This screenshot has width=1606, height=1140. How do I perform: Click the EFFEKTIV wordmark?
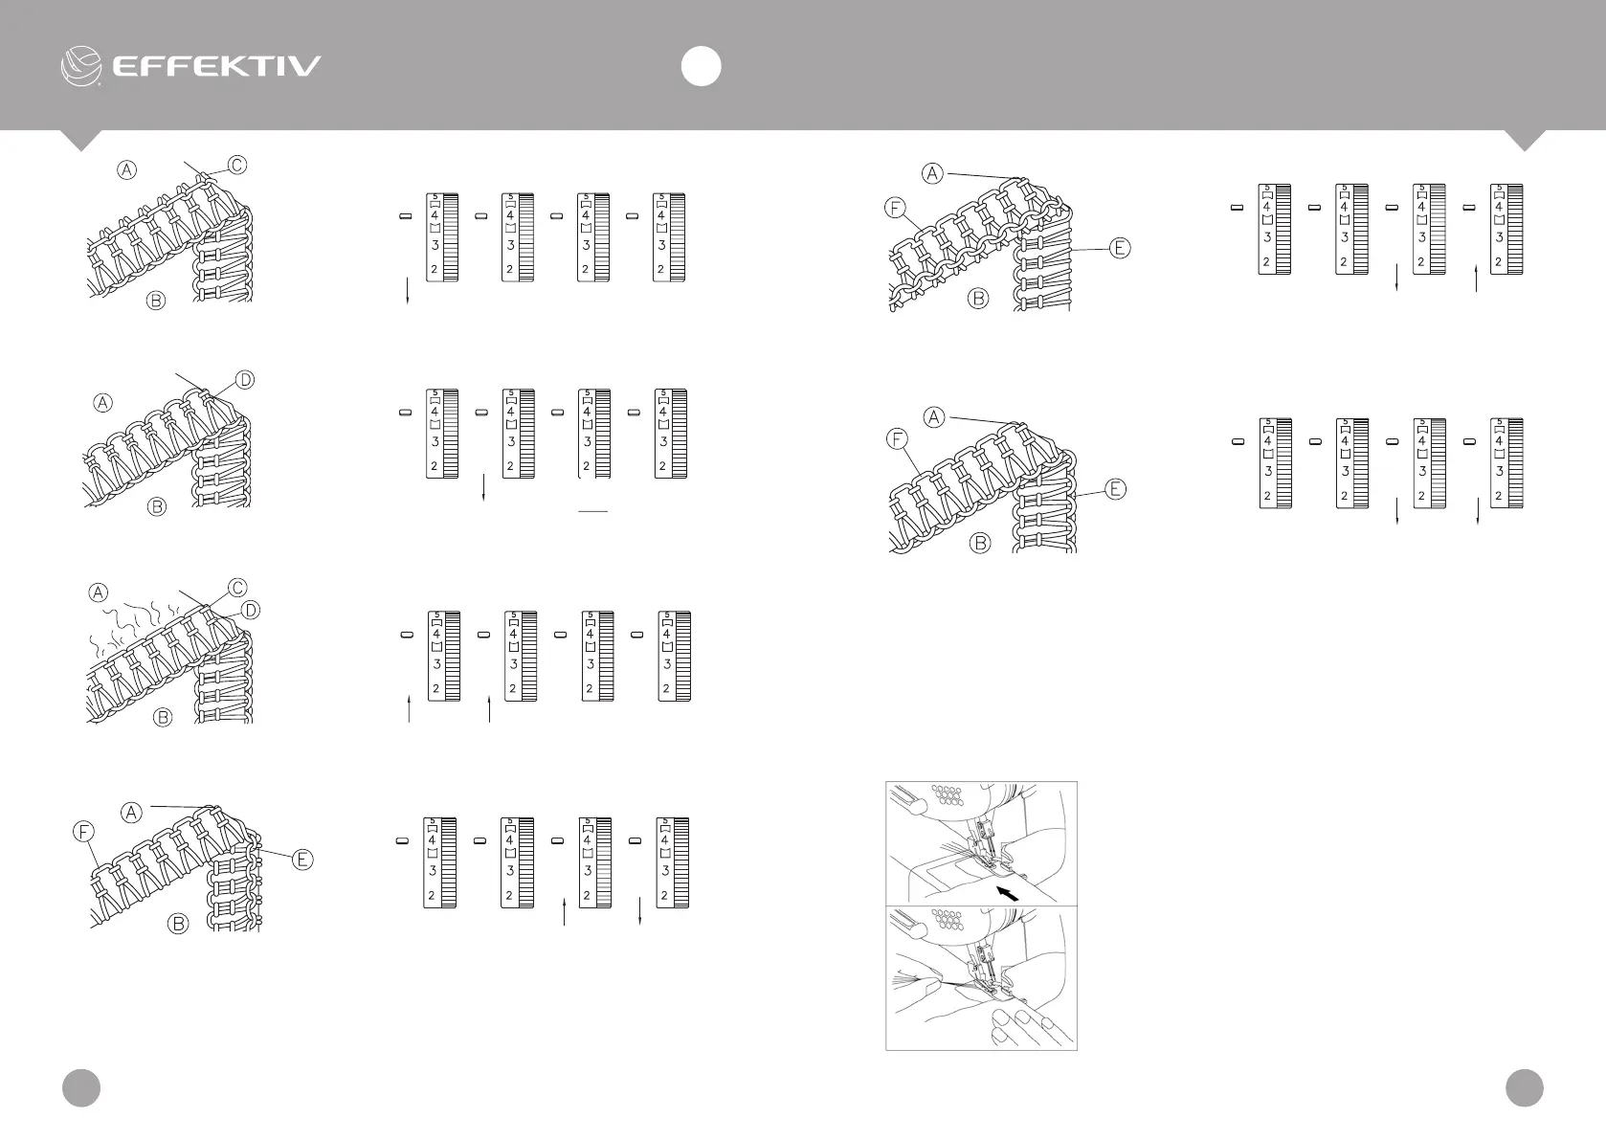pos(216,66)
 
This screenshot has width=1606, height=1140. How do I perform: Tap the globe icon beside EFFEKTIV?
pos(81,66)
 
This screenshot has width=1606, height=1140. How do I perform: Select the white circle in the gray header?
pos(701,66)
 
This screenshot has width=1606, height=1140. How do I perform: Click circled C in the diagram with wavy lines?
pos(236,587)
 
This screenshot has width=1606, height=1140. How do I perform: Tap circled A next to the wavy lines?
pos(99,592)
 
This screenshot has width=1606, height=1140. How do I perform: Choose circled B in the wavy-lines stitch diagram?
pos(163,716)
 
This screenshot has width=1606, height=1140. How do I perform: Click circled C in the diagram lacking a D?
pos(236,165)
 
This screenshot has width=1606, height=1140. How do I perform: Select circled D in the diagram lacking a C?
pos(244,380)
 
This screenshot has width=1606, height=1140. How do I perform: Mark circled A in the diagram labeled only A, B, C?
pos(126,170)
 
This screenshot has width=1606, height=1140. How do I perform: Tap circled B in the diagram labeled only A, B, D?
pos(157,507)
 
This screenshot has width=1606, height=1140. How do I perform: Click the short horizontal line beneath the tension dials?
pos(593,512)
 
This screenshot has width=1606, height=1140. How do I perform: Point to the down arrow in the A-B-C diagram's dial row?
pos(409,291)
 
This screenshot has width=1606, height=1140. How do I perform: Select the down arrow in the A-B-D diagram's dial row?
pos(485,486)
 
